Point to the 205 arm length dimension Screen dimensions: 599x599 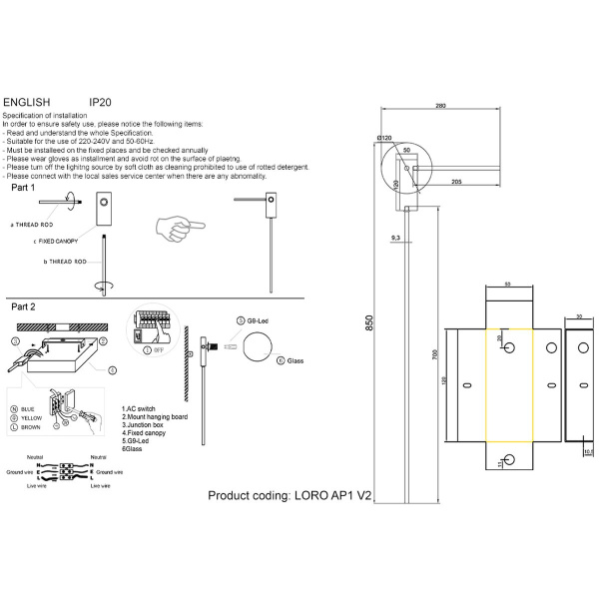456,181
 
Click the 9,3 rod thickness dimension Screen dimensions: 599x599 396,238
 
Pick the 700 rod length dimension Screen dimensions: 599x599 433,353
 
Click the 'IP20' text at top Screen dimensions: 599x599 100,102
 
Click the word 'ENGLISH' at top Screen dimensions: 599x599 27,102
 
